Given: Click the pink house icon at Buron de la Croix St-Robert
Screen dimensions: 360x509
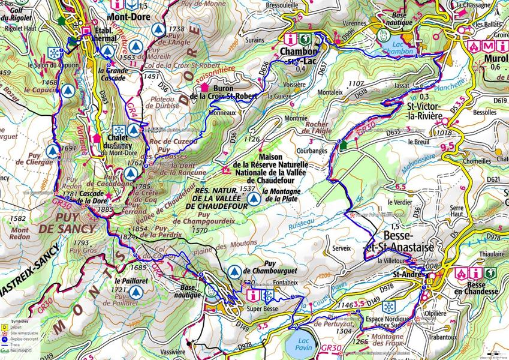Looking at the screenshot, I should (204, 88).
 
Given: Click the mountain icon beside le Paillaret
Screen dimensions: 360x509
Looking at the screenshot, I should (136, 291).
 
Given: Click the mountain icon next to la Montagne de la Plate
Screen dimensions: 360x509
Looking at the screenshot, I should (254, 198).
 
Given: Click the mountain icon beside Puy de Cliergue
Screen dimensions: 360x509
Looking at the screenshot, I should (53, 151).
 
